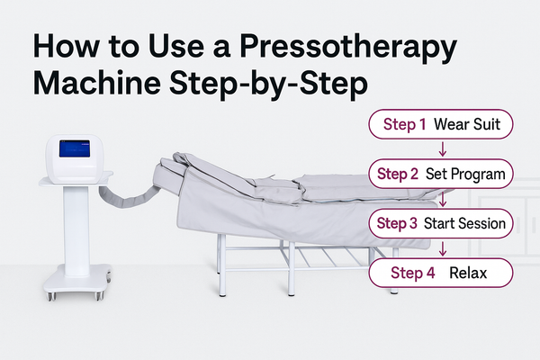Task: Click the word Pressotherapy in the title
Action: pyautogui.click(x=348, y=49)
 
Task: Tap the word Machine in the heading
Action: pyautogui.click(x=97, y=83)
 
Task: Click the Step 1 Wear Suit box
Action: pyautogui.click(x=441, y=124)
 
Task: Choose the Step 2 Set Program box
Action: pyautogui.click(x=441, y=174)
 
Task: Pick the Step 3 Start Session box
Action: pyautogui.click(x=441, y=223)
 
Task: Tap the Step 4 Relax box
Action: pyautogui.click(x=441, y=273)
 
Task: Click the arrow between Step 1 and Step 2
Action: pyautogui.click(x=443, y=148)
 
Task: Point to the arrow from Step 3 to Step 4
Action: pyautogui.click(x=443, y=248)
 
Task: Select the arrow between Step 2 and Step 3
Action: pyautogui.click(x=443, y=198)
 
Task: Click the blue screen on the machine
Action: pyautogui.click(x=75, y=148)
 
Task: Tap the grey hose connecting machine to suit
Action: pyautogui.click(x=128, y=197)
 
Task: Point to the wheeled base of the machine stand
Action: pyautogui.click(x=77, y=282)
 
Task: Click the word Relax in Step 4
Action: pyautogui.click(x=468, y=274)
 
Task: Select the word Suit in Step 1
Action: pyautogui.click(x=486, y=124)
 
